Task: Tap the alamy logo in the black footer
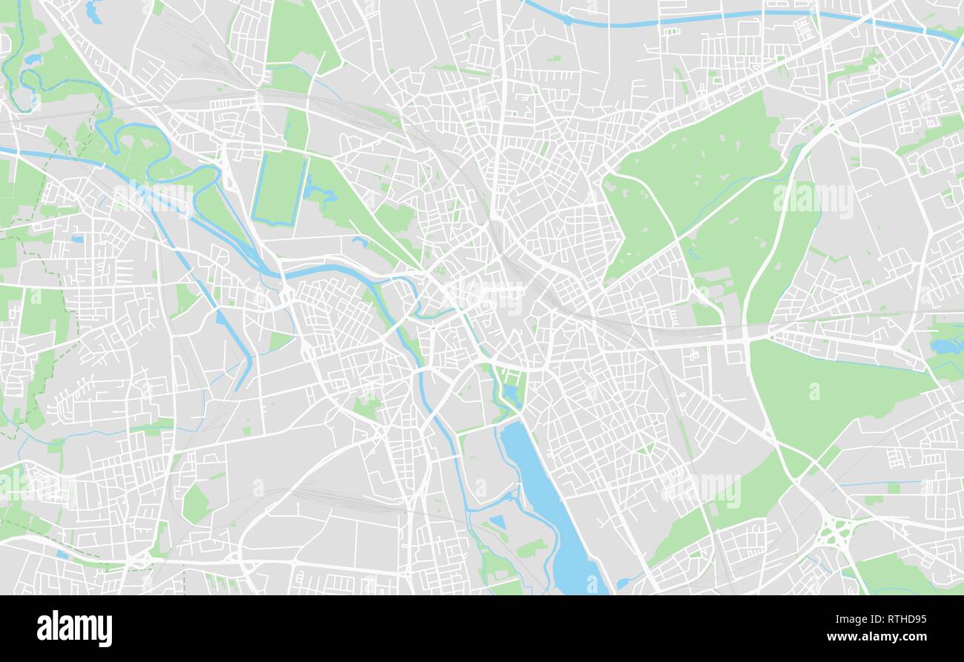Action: coord(74,629)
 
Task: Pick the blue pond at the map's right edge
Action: coord(945,345)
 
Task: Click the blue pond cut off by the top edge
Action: coord(93,10)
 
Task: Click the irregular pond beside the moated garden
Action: coord(319,191)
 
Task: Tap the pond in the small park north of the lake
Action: coord(510,392)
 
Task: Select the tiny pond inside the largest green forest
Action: coord(693,254)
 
